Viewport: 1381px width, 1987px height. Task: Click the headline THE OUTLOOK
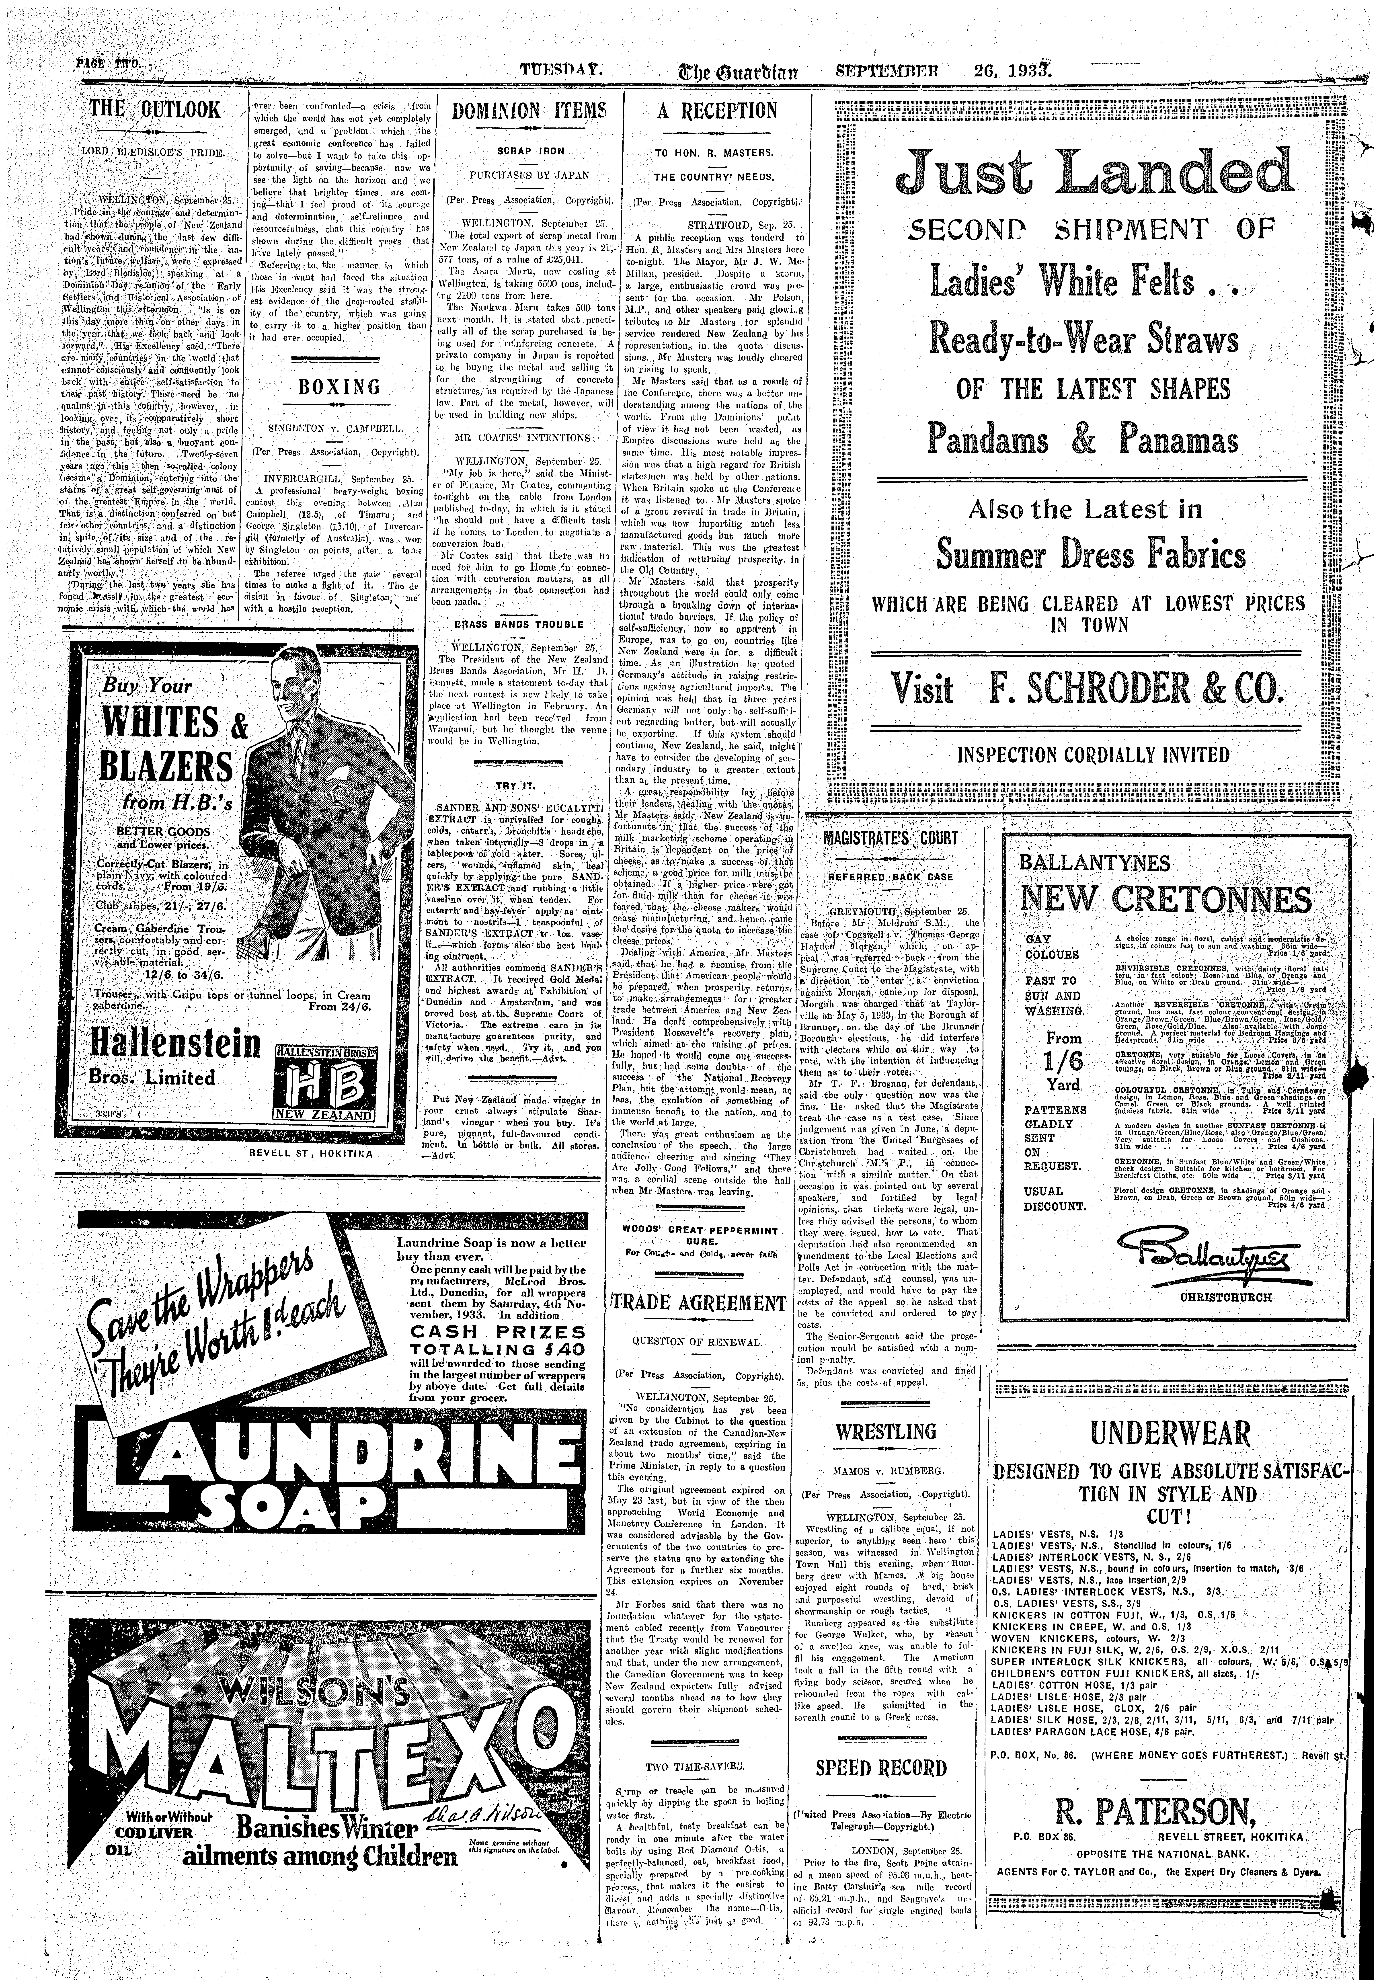pyautogui.click(x=156, y=111)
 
